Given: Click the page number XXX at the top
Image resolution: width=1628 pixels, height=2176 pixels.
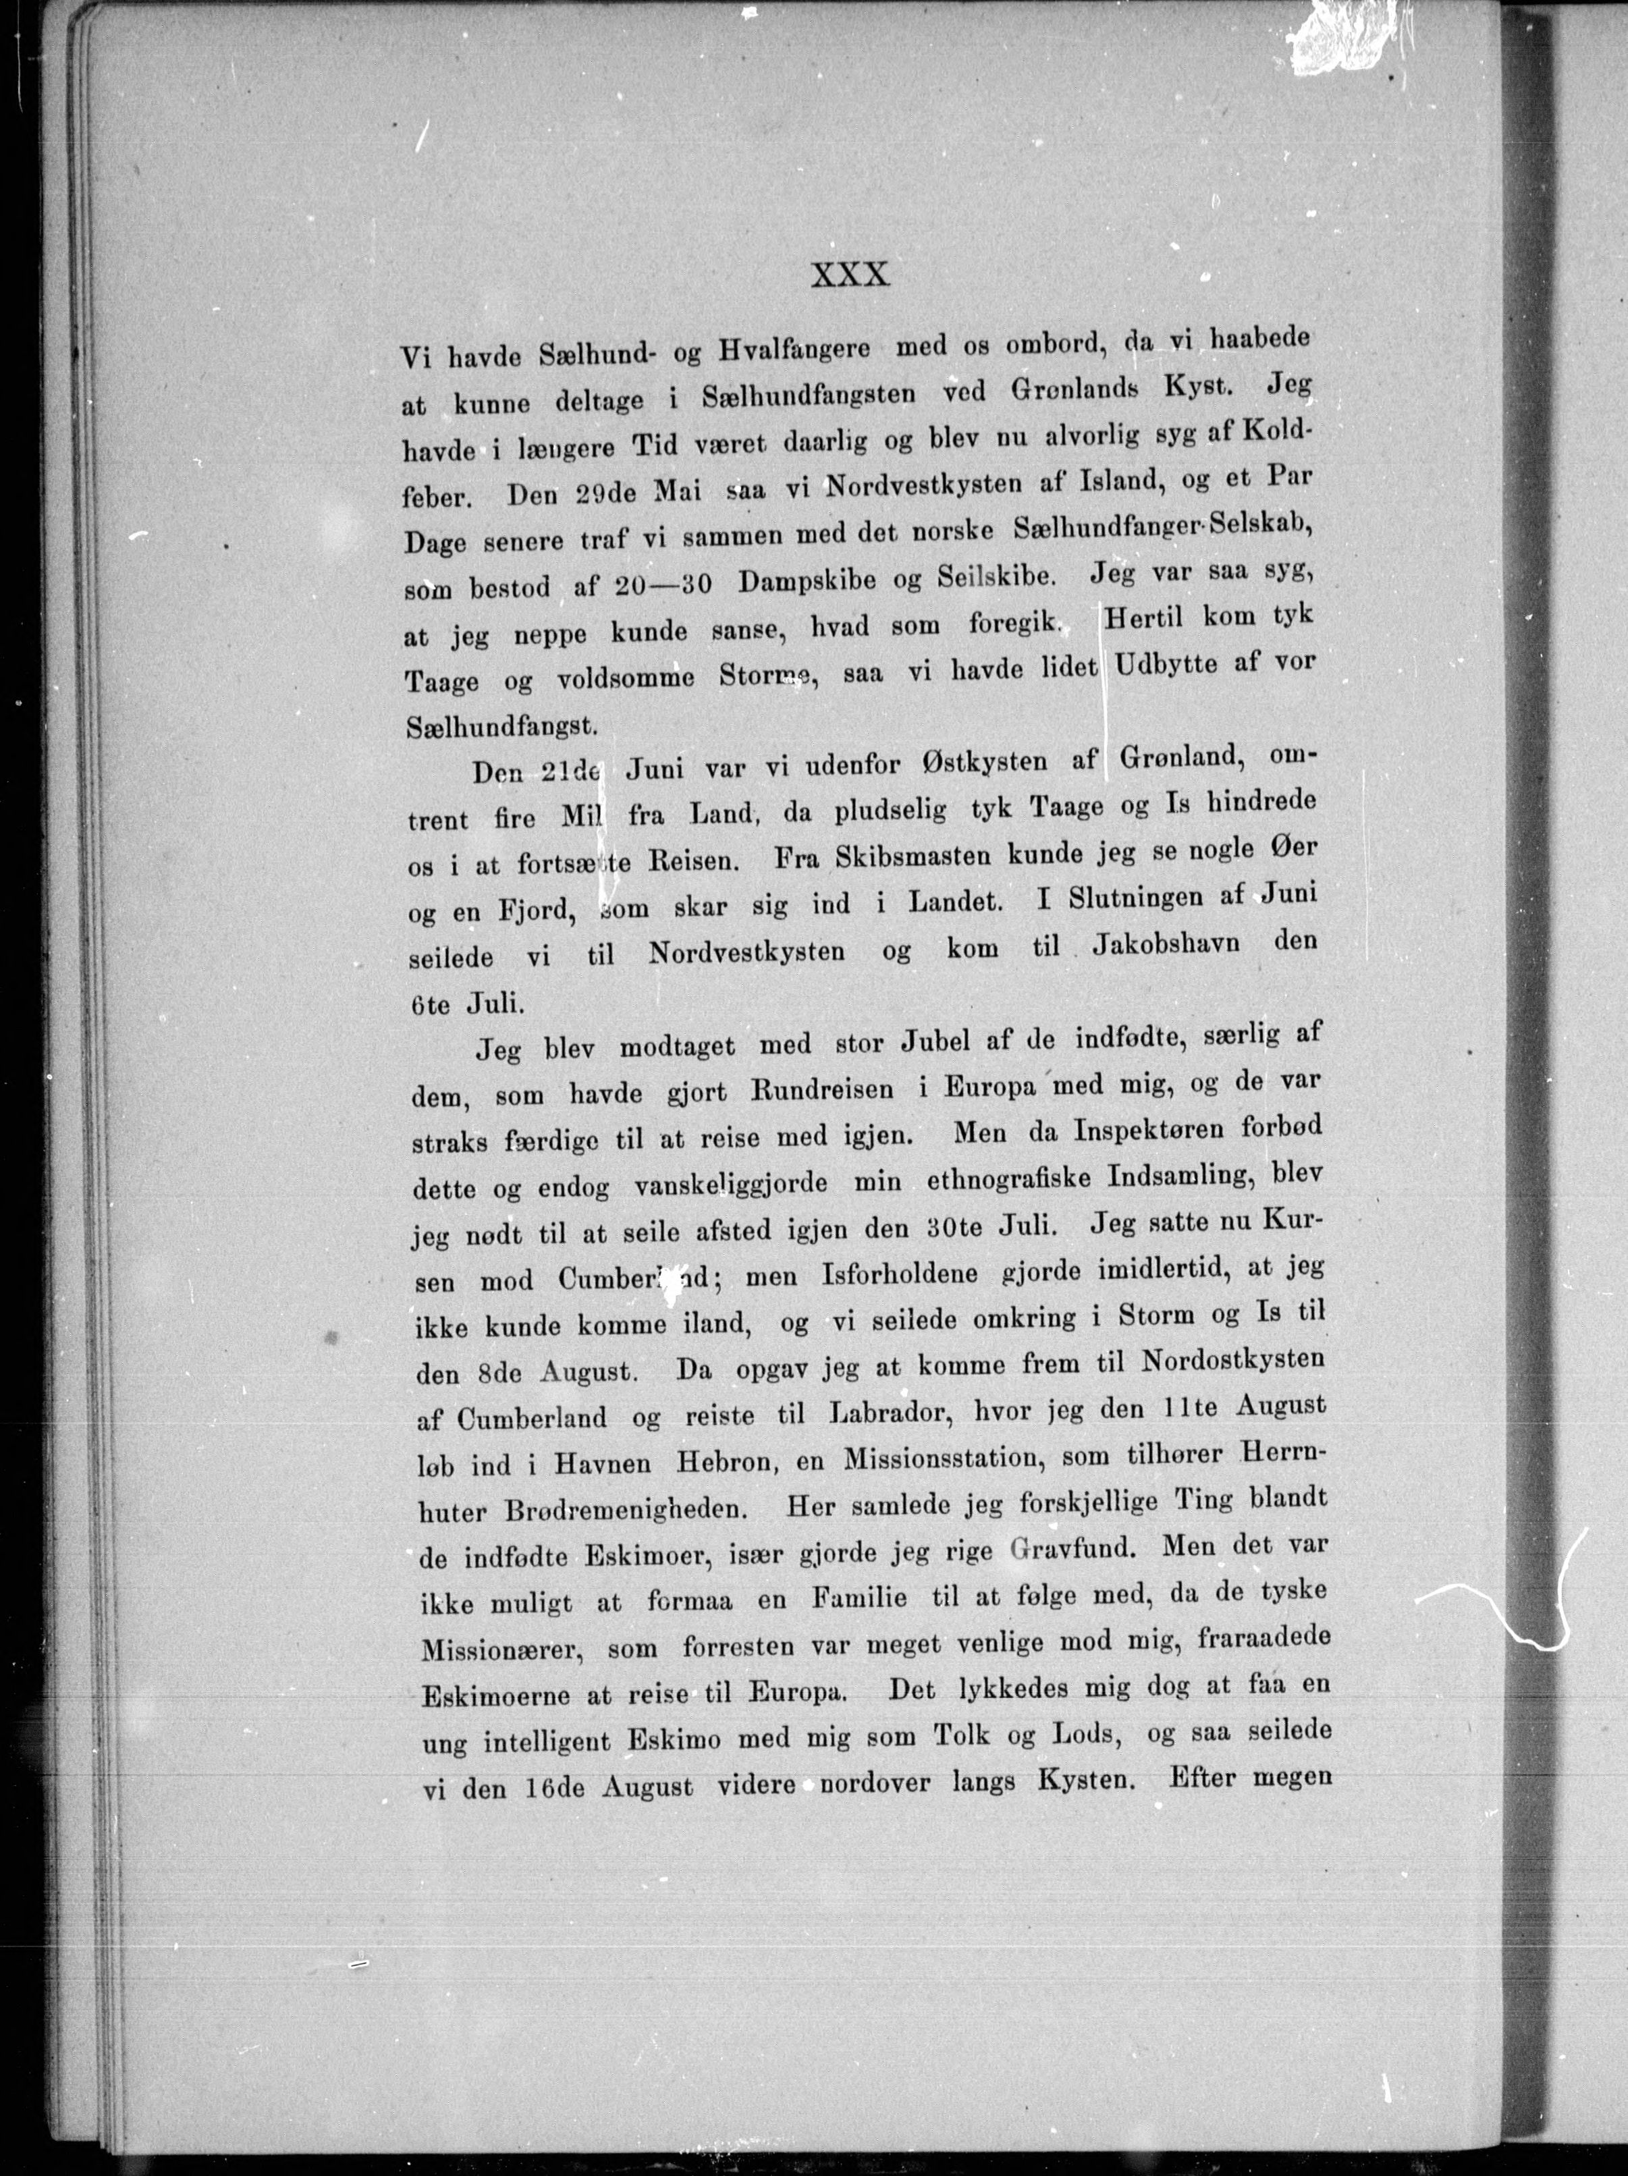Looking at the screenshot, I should click(x=850, y=275).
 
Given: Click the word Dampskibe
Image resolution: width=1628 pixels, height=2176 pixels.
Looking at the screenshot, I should click(x=807, y=580).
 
